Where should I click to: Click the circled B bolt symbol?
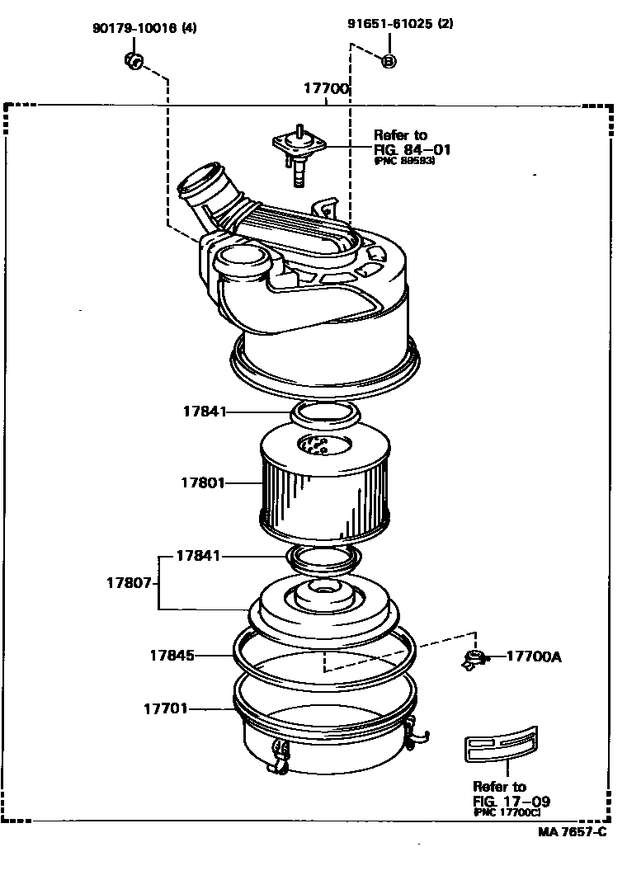(x=389, y=60)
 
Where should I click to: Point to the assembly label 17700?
(x=326, y=89)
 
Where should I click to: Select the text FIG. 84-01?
(x=412, y=149)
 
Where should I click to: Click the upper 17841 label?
(x=204, y=411)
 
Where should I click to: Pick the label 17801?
(x=203, y=482)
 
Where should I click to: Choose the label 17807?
(x=128, y=582)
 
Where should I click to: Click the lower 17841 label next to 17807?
(x=198, y=556)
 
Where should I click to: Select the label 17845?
(x=172, y=656)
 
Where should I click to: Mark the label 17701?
(x=166, y=708)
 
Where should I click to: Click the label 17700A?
(x=533, y=656)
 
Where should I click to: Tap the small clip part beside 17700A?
(x=474, y=658)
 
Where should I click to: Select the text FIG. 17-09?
(x=511, y=801)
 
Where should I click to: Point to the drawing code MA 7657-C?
(x=572, y=831)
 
